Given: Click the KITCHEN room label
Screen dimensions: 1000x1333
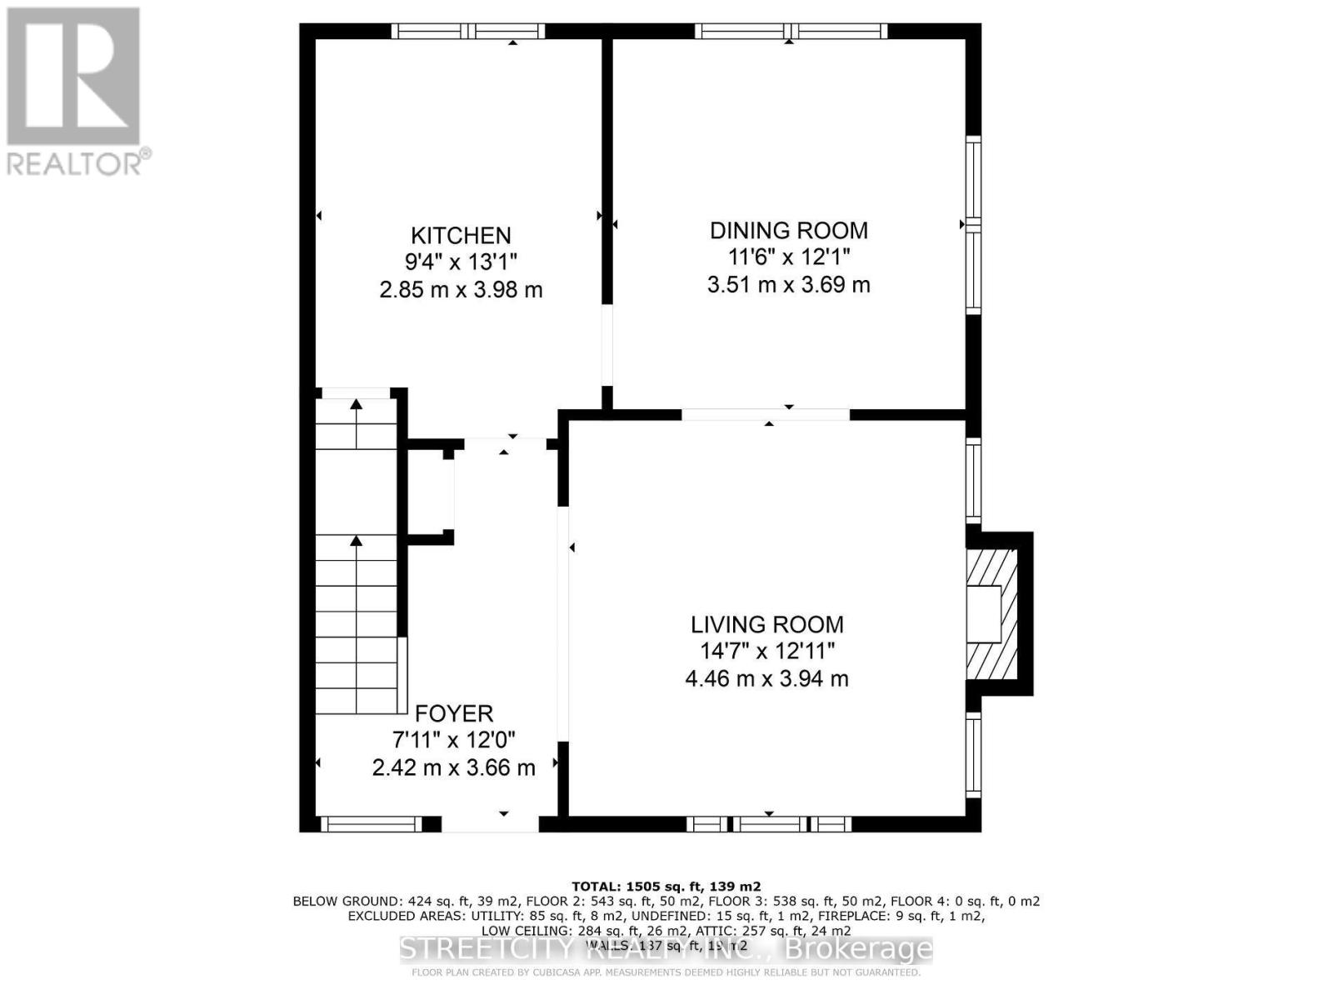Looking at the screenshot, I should (x=461, y=235).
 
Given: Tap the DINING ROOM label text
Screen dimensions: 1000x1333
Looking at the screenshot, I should (x=788, y=230).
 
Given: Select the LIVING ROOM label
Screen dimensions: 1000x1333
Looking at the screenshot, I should (x=766, y=624).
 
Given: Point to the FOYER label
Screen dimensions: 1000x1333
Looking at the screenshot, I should (x=454, y=713).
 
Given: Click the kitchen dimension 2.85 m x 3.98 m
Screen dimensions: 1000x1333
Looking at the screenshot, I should (x=461, y=290).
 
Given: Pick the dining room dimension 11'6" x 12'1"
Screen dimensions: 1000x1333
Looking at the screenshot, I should (x=788, y=257).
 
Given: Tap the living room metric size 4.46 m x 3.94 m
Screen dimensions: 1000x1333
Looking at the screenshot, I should (x=766, y=678).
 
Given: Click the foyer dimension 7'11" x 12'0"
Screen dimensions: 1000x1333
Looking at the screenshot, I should (x=454, y=740).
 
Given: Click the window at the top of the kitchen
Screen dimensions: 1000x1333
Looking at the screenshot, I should (x=468, y=32).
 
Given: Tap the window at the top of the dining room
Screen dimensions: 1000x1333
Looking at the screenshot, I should (x=791, y=32).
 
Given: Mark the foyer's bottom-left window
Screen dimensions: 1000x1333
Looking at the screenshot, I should (x=372, y=824).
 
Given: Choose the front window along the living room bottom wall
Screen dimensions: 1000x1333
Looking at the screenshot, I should (x=769, y=824).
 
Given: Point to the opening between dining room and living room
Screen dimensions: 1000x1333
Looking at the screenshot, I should (x=766, y=414).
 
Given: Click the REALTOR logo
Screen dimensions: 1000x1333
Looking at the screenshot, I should (x=75, y=92).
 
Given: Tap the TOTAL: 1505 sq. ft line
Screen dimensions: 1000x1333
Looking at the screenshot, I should (x=666, y=887).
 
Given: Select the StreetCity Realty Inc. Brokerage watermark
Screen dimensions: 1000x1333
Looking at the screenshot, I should (x=666, y=949).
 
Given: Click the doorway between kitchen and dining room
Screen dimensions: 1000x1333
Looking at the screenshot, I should (x=607, y=344).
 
